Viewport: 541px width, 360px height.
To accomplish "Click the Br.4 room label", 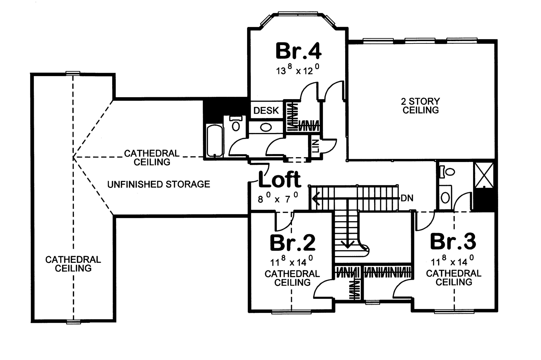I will [298, 51].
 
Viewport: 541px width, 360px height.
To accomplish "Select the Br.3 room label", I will [453, 242].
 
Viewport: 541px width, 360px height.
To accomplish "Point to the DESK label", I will [266, 110].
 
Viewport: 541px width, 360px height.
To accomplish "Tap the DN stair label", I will [407, 198].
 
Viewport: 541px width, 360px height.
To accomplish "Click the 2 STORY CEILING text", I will [420, 106].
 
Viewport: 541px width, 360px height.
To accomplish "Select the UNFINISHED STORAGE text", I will [159, 185].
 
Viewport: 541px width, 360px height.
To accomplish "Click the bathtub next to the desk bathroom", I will [215, 141].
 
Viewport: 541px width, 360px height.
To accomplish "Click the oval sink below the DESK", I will [265, 128].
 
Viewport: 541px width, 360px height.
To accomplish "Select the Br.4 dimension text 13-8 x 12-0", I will [298, 70].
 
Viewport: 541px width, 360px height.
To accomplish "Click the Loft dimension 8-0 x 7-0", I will [278, 198].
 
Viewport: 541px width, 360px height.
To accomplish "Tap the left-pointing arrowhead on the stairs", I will [316, 199].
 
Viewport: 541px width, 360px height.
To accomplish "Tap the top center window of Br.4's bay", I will [298, 13].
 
